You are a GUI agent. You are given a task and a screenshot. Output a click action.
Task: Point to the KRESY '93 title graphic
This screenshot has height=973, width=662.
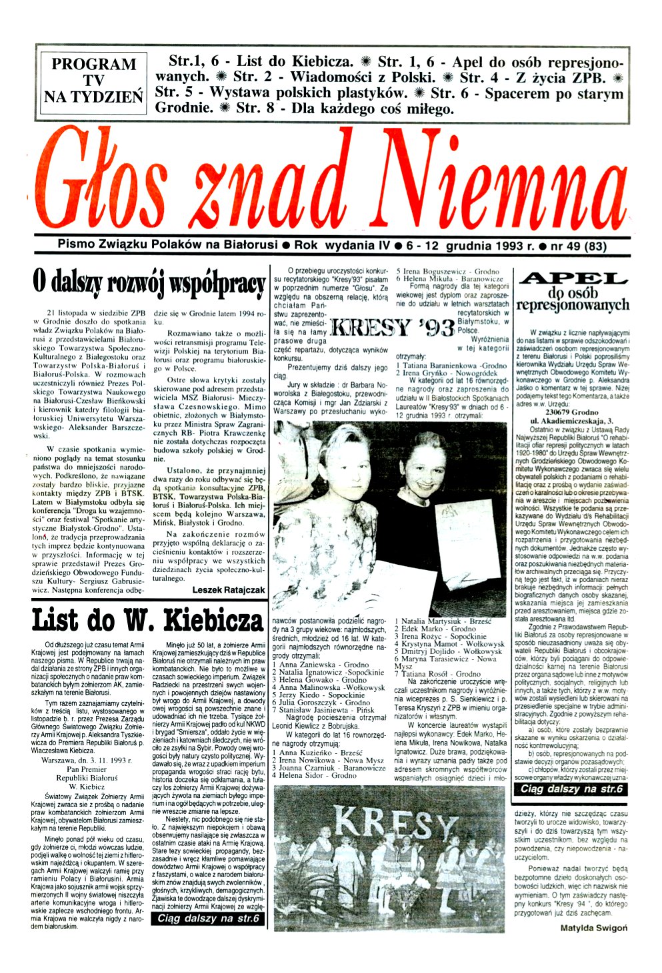[394, 328]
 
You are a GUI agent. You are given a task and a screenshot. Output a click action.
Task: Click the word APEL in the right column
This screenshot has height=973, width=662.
[573, 279]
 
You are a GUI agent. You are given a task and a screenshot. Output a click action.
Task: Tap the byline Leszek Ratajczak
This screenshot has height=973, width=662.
[228, 589]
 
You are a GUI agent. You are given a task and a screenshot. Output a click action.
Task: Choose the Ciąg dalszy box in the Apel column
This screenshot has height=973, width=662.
[571, 789]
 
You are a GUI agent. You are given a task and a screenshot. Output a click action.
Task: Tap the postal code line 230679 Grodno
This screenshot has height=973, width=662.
[573, 411]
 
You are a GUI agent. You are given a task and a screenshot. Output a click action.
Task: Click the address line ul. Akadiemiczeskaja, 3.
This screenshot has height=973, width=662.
[573, 421]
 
